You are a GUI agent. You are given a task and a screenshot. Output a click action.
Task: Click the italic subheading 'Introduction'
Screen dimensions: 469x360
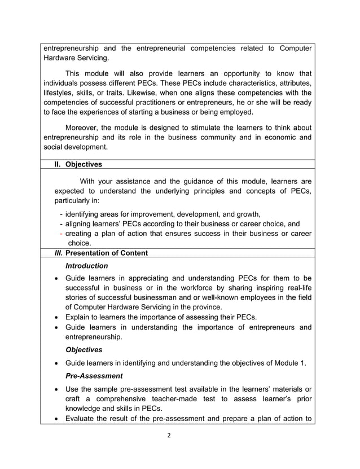point(86,266)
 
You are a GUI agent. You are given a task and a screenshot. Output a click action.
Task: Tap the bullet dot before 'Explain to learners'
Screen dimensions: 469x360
point(56,317)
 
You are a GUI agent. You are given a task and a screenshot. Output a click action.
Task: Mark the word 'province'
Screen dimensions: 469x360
point(207,308)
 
